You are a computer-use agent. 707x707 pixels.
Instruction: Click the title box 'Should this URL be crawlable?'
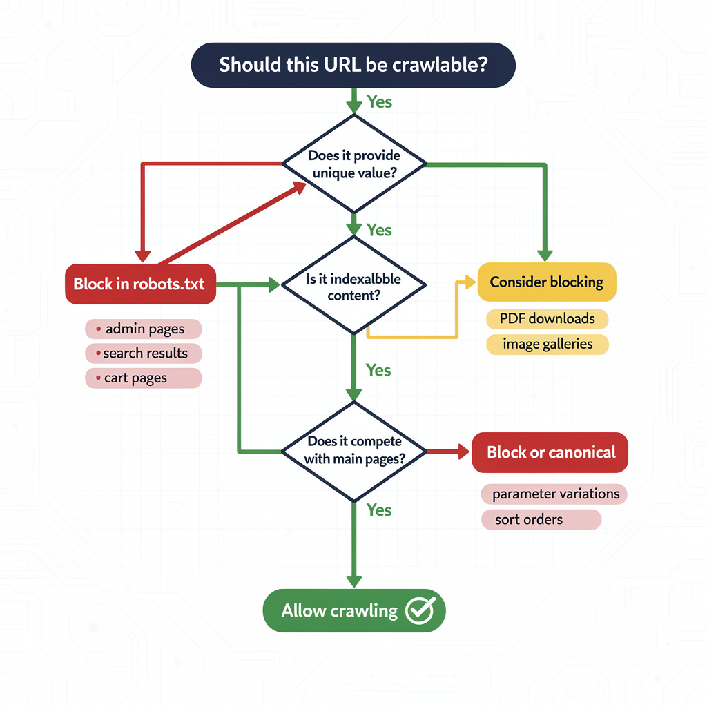pos(353,65)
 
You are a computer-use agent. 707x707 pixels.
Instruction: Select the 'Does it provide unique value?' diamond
pos(353,164)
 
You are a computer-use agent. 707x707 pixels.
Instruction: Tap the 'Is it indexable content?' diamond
pos(353,286)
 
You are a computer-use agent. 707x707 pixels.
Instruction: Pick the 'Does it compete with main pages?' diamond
pos(353,450)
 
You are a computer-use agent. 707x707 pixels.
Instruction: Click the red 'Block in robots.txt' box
pos(140,284)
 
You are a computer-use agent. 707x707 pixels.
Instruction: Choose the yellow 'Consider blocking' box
pos(547,282)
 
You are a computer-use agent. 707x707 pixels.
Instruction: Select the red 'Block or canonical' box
pos(550,452)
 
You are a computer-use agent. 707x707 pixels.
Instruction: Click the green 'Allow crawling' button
pos(354,610)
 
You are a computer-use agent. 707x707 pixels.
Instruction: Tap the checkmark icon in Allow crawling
pos(420,610)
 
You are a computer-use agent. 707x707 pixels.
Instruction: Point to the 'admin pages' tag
pos(144,329)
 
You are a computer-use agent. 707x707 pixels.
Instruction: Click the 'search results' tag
pos(144,353)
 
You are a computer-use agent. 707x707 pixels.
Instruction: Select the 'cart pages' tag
pos(144,378)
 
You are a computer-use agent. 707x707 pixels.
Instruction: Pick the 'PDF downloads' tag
pos(548,319)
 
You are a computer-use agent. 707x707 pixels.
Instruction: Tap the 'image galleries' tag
pos(548,344)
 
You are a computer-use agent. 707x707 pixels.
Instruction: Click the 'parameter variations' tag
pos(554,494)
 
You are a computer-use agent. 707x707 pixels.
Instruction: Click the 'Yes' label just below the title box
pos(379,102)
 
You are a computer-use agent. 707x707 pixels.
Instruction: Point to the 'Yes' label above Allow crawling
pos(379,510)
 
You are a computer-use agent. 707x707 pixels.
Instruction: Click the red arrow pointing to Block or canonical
pos(448,452)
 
